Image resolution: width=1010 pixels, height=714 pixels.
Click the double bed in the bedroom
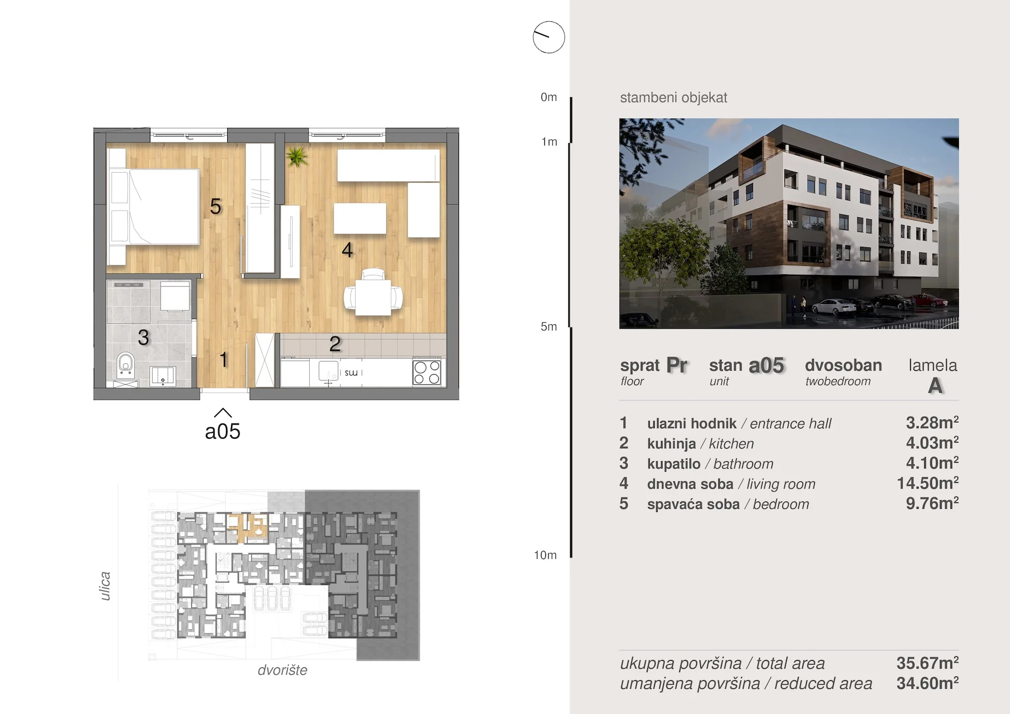pyautogui.click(x=154, y=206)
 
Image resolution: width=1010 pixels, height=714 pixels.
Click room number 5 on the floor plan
pyautogui.click(x=215, y=207)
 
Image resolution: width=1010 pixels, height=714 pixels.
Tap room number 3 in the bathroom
pyautogui.click(x=144, y=338)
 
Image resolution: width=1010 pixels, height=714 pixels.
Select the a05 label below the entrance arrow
pyautogui.click(x=223, y=431)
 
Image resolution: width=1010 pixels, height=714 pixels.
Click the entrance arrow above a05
pyautogui.click(x=223, y=413)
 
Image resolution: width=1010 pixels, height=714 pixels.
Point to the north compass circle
pyautogui.click(x=549, y=38)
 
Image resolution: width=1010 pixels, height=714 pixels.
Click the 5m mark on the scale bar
pyautogui.click(x=549, y=326)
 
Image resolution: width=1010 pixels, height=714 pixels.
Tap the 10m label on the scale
pyautogui.click(x=545, y=555)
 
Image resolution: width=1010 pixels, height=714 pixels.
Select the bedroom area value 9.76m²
pyautogui.click(x=932, y=503)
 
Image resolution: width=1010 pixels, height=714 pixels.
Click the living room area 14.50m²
pyautogui.click(x=928, y=483)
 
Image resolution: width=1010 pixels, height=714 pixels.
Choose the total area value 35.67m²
pyautogui.click(x=928, y=663)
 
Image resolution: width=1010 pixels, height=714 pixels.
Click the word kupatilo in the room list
pyautogui.click(x=674, y=464)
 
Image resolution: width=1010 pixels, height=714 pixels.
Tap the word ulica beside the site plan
pyautogui.click(x=105, y=586)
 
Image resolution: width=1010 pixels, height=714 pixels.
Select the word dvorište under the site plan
pyautogui.click(x=283, y=670)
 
